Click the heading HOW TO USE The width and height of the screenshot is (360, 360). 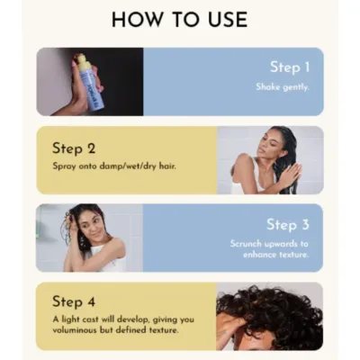(179, 19)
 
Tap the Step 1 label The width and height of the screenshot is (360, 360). (291, 67)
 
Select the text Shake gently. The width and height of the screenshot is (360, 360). (283, 87)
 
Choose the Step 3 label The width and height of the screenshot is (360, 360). (287, 224)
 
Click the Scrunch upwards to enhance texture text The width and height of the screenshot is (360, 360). (269, 249)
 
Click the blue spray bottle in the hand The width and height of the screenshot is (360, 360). (87, 85)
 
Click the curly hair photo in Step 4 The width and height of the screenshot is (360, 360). (270, 315)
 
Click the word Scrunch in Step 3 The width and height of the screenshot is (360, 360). (248, 243)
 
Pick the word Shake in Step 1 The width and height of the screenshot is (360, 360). (268, 87)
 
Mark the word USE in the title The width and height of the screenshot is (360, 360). (223, 19)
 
